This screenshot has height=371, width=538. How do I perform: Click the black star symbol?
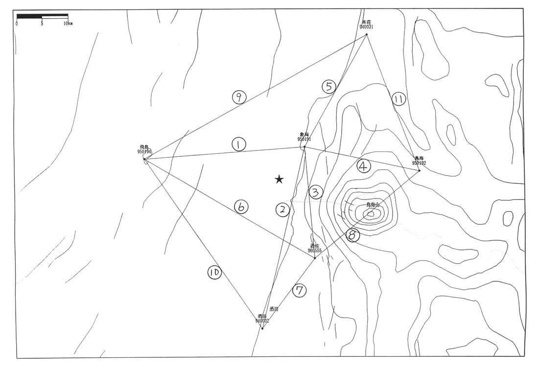pyautogui.click(x=279, y=179)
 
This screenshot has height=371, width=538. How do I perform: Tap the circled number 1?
pyautogui.click(x=238, y=145)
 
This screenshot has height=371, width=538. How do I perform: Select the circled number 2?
pyautogui.click(x=282, y=210)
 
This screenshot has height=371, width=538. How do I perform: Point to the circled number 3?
pyautogui.click(x=316, y=193)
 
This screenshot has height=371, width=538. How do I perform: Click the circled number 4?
pyautogui.click(x=363, y=167)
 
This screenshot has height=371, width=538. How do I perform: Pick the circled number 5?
pyautogui.click(x=329, y=87)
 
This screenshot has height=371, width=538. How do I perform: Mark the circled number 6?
pyautogui.click(x=240, y=207)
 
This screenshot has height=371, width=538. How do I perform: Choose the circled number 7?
pyautogui.click(x=300, y=291)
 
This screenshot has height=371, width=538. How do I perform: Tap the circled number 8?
pyautogui.click(x=352, y=235)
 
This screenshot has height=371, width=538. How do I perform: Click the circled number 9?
pyautogui.click(x=239, y=98)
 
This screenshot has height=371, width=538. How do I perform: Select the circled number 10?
pyautogui.click(x=214, y=273)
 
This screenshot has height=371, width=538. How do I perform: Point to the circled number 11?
pyautogui.click(x=399, y=99)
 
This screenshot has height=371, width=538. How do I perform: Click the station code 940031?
pyautogui.click(x=367, y=27)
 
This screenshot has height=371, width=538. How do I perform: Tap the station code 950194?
pyautogui.click(x=144, y=152)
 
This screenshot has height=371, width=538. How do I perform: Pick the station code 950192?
pyautogui.click(x=419, y=163)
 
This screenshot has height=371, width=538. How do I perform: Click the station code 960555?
pyautogui.click(x=315, y=251)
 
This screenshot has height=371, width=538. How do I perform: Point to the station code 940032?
pyautogui.click(x=262, y=321)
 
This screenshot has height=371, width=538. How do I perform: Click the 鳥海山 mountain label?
pyautogui.click(x=373, y=205)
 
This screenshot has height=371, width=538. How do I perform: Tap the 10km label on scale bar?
pyautogui.click(x=68, y=24)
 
